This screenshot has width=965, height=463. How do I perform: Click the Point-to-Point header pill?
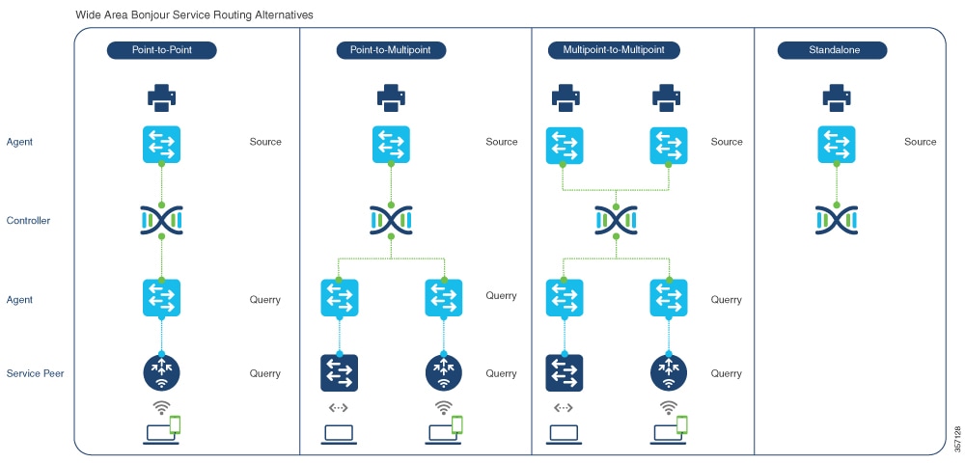coord(161,50)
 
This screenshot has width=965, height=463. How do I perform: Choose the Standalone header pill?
coord(832,50)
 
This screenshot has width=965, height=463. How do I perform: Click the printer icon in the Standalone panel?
coord(836,96)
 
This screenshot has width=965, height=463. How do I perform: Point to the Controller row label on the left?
coord(28,221)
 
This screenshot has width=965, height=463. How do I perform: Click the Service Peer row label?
coord(35,373)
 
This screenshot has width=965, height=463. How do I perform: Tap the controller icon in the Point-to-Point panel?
coord(161,221)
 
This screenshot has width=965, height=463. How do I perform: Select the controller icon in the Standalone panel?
coord(836,221)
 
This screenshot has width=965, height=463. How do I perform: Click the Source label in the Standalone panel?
coord(920,142)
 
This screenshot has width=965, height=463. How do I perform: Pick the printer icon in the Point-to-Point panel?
coord(161,96)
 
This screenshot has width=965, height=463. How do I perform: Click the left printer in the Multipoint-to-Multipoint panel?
coord(565,96)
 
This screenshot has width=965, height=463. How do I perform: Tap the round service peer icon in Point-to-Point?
coord(161,372)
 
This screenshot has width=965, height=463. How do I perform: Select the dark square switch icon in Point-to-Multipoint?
coord(339,372)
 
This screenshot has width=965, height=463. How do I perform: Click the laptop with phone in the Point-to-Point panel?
coord(161,427)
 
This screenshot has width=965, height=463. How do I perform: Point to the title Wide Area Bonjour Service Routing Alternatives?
coord(194,15)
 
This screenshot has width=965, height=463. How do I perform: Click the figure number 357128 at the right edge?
coord(956,438)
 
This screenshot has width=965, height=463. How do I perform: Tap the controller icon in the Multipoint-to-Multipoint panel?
coord(616,221)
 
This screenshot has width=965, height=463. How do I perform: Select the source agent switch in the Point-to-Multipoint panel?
coord(391,144)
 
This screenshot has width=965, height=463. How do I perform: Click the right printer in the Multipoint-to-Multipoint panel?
coord(668,96)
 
